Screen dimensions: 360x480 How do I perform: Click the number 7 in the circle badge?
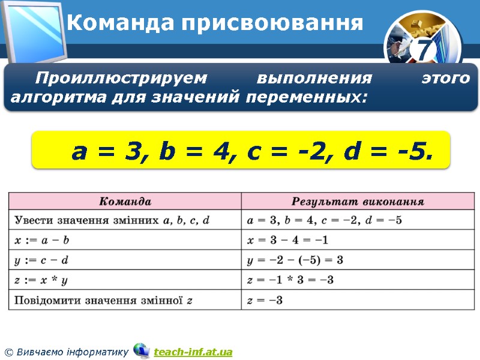click(x=424, y=50)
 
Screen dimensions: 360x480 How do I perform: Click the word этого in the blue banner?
click(x=445, y=79)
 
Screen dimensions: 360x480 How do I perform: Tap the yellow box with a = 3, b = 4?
click(x=241, y=150)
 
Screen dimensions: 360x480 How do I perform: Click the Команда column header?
click(x=125, y=201)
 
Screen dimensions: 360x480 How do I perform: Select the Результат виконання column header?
click(x=358, y=201)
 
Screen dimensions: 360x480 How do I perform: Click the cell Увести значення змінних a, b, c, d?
click(x=112, y=220)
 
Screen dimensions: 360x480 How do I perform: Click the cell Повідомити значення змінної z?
click(x=103, y=299)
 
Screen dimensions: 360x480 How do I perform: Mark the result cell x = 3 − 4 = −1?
click(x=288, y=240)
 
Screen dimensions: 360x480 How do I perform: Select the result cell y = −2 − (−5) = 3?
click(x=295, y=260)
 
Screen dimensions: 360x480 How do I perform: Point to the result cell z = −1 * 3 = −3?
click(x=290, y=280)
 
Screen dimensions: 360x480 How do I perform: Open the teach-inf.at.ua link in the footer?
click(x=193, y=352)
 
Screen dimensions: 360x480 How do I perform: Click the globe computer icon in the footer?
click(x=142, y=350)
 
